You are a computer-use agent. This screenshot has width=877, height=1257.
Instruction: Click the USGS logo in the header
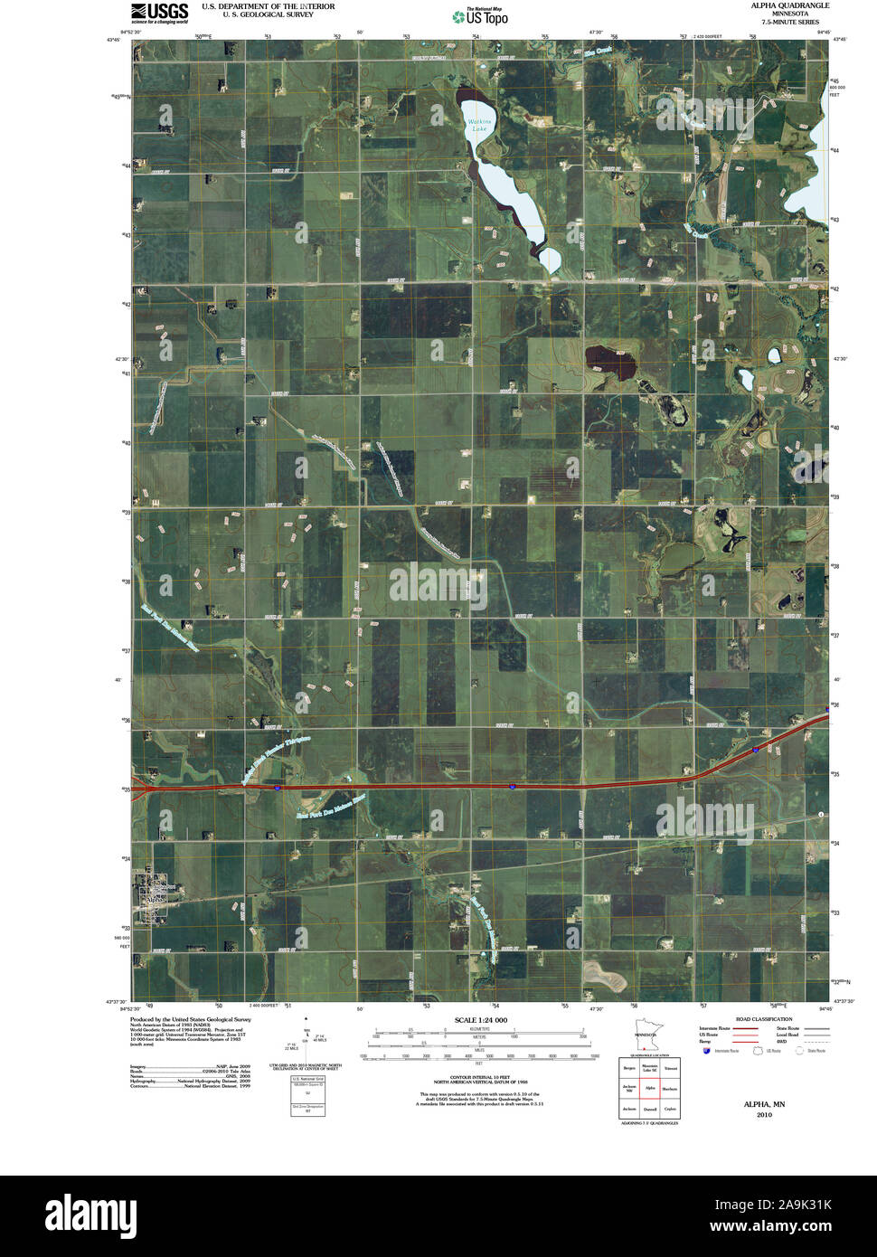click(x=159, y=12)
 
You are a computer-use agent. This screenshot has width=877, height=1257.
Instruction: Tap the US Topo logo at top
click(x=480, y=15)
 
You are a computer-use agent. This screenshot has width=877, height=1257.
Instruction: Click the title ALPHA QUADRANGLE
click(x=789, y=5)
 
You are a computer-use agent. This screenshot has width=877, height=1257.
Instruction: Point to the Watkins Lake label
click(x=476, y=126)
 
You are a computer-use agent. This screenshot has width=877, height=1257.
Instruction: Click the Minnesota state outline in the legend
click(x=646, y=1038)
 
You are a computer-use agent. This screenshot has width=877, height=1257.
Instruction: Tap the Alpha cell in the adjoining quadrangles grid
click(x=649, y=1089)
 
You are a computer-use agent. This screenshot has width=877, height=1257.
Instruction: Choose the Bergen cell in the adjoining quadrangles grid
click(x=628, y=1068)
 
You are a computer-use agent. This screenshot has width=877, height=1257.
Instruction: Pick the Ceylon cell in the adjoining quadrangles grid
click(x=670, y=1109)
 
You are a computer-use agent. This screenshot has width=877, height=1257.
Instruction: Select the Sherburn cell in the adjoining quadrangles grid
click(x=670, y=1089)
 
